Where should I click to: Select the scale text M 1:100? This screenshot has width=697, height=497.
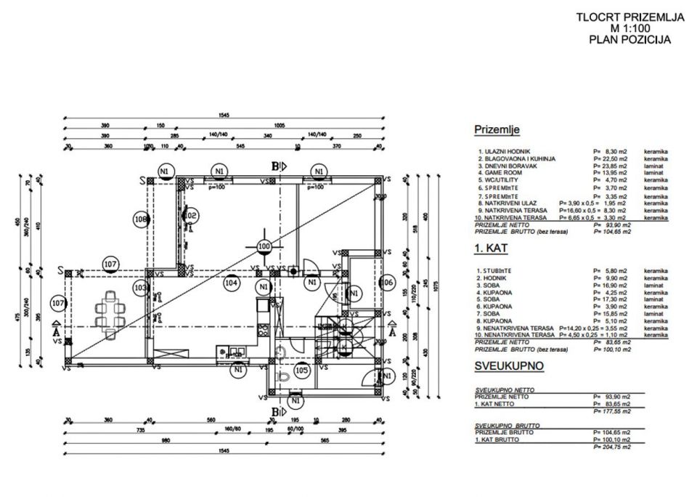point(629,29)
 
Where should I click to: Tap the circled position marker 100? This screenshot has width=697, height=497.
point(264,246)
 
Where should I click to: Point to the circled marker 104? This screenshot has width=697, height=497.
point(231,282)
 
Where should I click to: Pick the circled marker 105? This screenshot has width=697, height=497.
point(303,370)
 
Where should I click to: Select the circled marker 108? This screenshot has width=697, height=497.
point(142,218)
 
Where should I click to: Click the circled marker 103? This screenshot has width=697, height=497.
point(141,288)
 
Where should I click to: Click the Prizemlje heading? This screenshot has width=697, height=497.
point(497,130)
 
